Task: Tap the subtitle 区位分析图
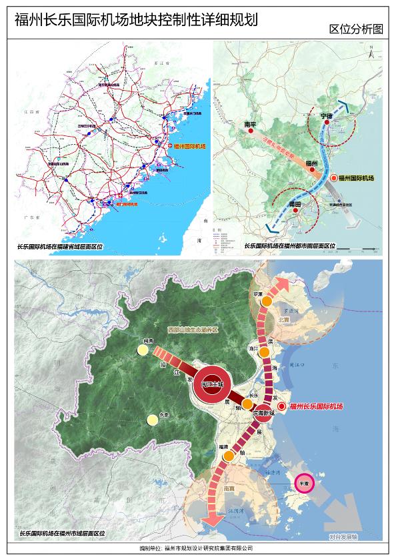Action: [356, 29]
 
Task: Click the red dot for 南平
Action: [251, 131]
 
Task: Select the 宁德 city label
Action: [326, 116]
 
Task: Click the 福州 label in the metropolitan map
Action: [311, 163]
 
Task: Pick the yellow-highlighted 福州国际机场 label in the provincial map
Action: [191, 146]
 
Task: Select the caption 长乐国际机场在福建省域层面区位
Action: [61, 246]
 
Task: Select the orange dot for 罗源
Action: [266, 301]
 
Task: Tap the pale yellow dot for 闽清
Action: [142, 350]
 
